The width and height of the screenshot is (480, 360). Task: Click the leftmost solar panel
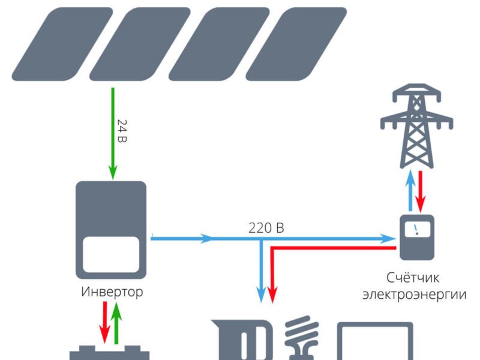click(62, 43)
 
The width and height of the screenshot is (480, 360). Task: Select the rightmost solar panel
click(296, 43)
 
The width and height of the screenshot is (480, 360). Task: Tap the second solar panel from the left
click(140, 43)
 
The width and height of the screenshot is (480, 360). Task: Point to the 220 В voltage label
click(266, 228)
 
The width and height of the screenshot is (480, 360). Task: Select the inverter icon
click(111, 229)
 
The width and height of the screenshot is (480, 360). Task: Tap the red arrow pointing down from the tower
click(422, 189)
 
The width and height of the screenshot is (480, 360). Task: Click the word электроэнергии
click(418, 295)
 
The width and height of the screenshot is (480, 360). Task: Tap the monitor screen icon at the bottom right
click(376, 342)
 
